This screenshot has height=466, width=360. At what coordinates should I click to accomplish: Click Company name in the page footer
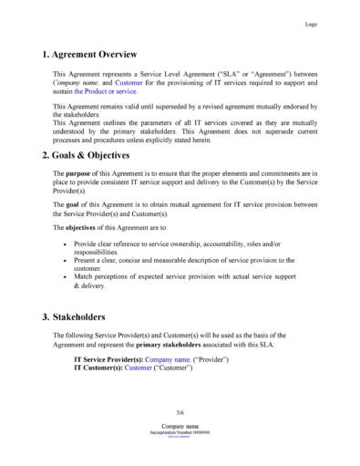pos(180,426)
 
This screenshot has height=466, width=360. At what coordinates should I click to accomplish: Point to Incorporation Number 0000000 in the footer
pos(180,432)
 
